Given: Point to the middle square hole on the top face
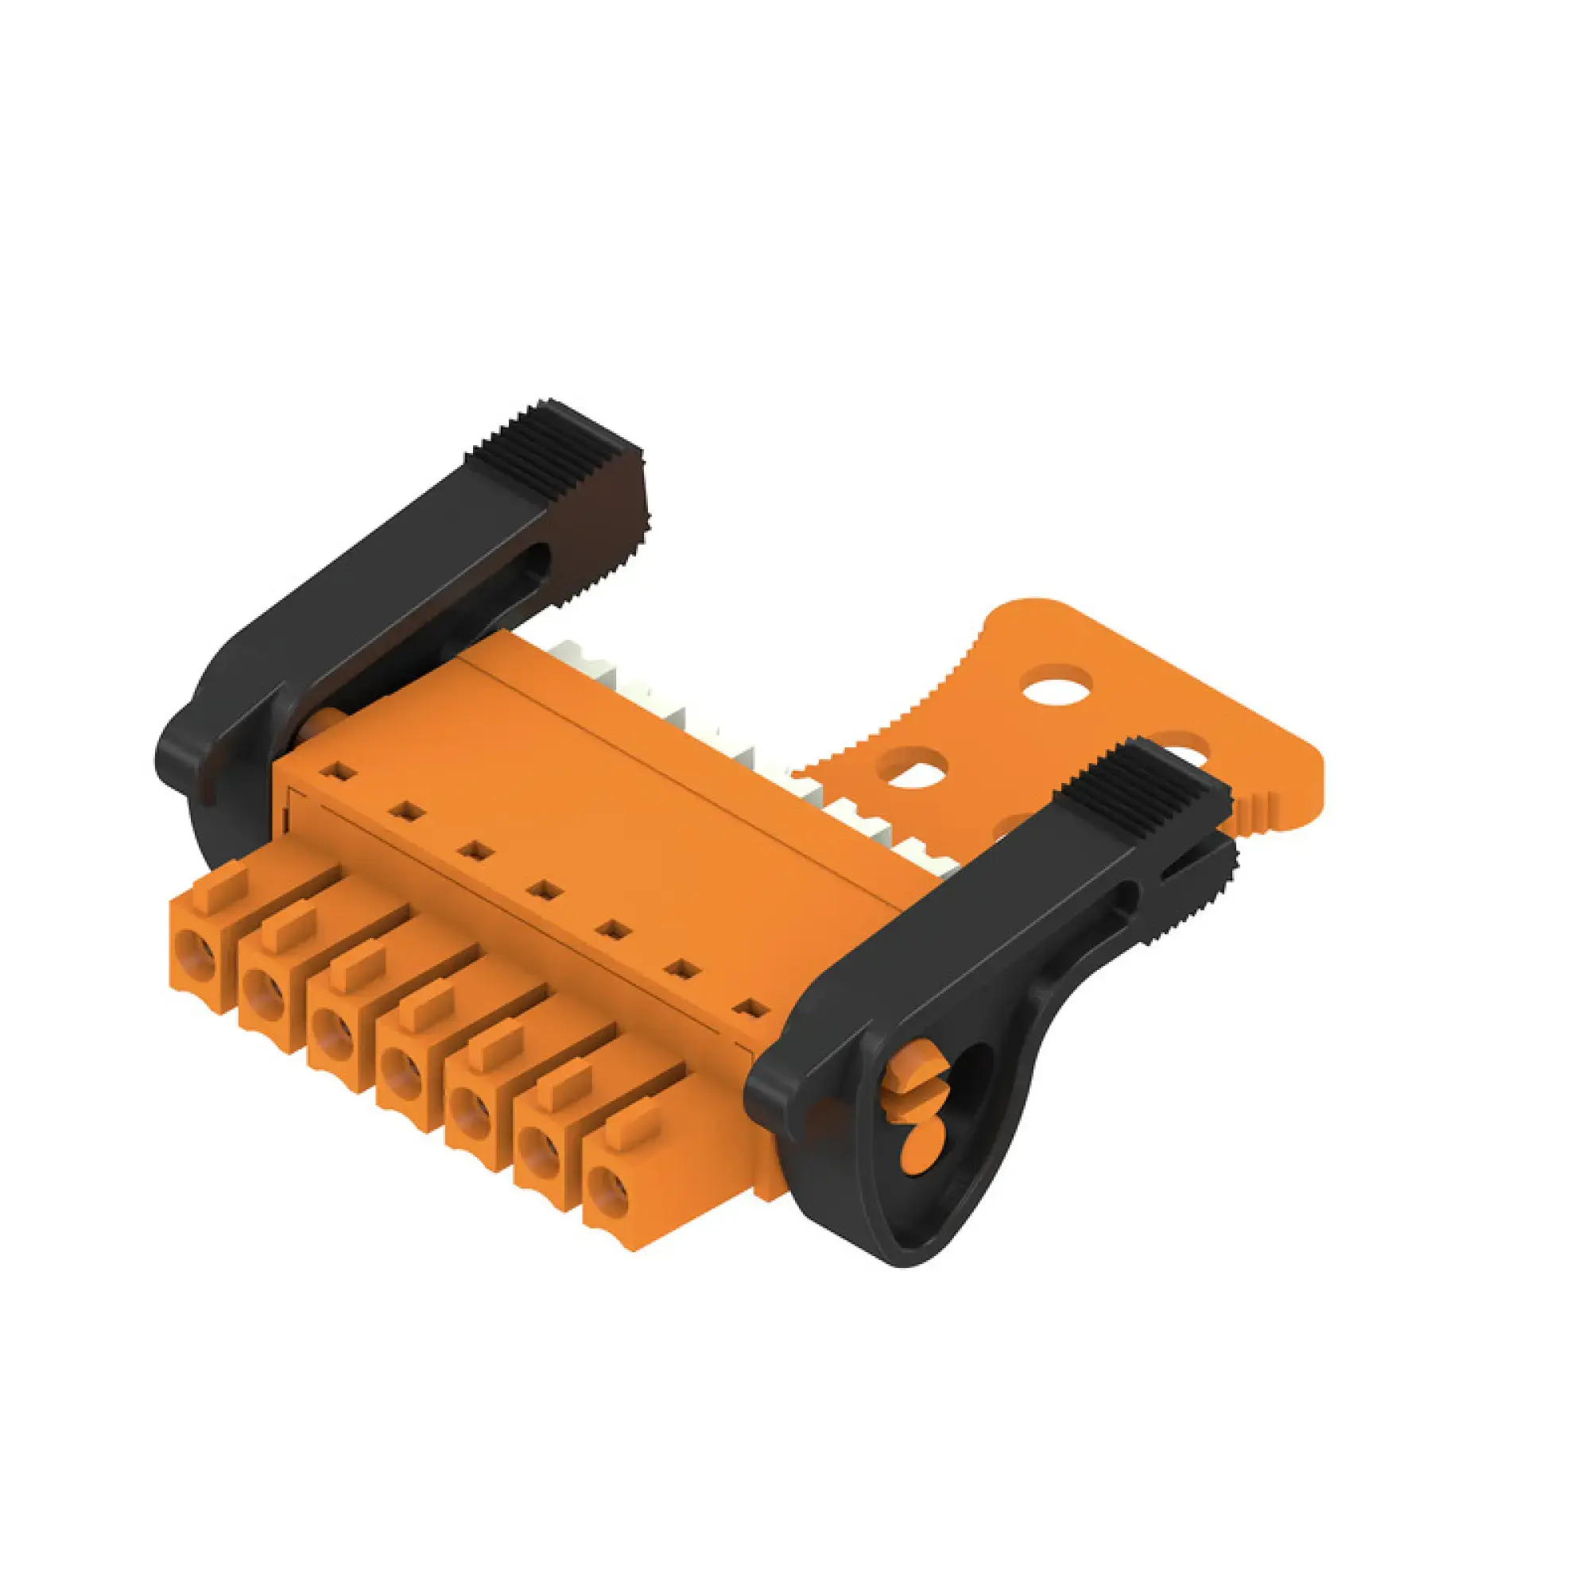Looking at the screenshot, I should coord(542,890).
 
